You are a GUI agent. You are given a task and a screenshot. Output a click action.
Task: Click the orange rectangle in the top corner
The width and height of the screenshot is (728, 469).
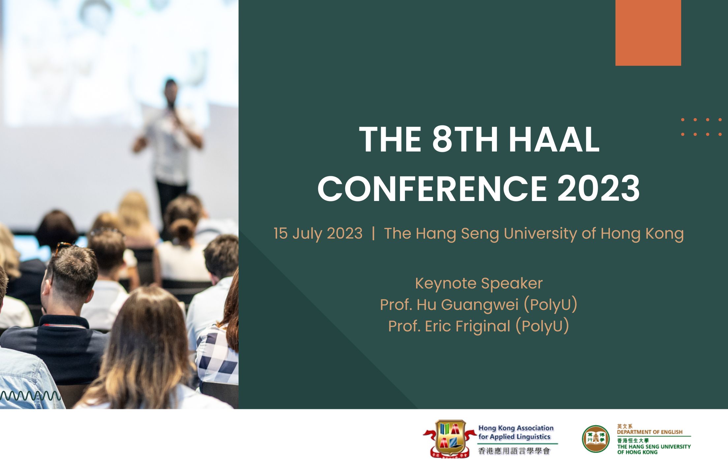648,33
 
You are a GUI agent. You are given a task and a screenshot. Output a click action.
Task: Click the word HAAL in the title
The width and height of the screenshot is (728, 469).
554,139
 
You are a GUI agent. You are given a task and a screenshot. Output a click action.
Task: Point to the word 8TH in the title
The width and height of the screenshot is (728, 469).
465,139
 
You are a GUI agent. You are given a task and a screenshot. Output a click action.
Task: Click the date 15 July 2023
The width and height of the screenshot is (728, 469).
318,234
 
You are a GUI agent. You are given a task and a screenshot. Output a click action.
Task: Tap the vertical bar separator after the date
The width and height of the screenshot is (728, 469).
373,233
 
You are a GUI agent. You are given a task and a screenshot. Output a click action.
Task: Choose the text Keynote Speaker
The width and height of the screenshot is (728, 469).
479,284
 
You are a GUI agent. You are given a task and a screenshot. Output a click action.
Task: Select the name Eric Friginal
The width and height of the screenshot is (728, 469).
468,326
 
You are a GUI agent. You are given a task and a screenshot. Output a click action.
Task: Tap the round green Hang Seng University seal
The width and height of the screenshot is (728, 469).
596,439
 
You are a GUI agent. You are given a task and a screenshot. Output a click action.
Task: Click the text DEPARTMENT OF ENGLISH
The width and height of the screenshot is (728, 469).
650,432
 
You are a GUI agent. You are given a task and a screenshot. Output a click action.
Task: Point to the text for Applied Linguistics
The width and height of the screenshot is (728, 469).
514,437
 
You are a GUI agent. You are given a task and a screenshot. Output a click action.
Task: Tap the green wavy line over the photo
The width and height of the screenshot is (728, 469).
30,395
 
